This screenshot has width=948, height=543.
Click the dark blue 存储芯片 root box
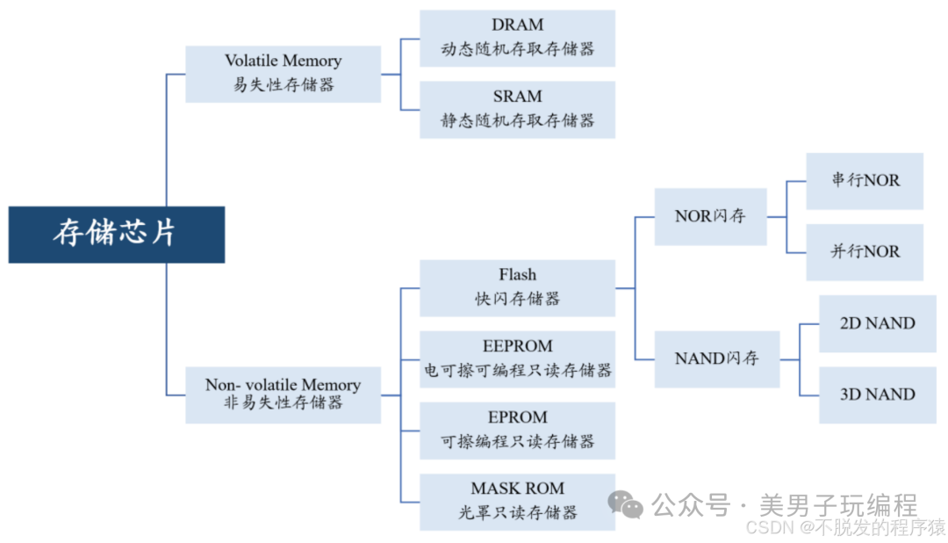click(116, 235)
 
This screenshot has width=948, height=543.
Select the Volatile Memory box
click(283, 74)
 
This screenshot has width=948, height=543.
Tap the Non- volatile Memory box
click(283, 395)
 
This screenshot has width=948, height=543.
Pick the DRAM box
click(517, 38)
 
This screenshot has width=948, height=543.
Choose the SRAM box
click(517, 109)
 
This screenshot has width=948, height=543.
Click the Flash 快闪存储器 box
click(517, 287)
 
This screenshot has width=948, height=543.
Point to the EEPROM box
click(517, 358)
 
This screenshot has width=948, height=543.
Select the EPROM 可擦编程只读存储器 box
click(517, 430)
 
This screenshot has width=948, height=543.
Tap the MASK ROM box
click(517, 501)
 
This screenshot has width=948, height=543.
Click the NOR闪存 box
click(710, 216)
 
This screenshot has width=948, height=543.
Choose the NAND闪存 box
click(716, 358)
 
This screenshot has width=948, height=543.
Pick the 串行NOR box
click(865, 180)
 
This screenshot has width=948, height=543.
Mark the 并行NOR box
click(865, 252)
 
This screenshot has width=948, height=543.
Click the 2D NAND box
click(877, 323)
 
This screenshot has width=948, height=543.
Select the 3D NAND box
click(877, 395)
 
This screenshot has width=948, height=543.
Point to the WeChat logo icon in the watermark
click(626, 504)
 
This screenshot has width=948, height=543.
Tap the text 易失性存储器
click(283, 85)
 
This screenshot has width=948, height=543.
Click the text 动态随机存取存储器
click(517, 49)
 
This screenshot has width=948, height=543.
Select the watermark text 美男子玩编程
click(837, 505)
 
